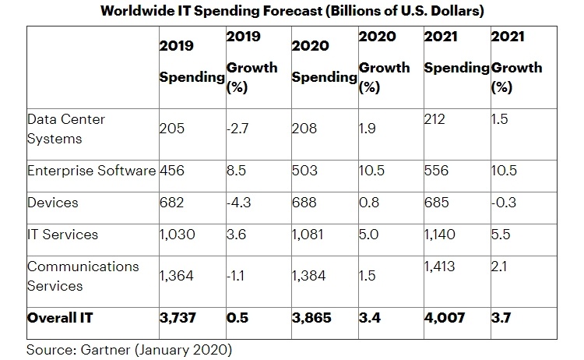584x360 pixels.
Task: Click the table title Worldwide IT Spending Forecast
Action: [x=291, y=12]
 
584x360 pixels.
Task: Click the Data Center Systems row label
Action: [x=66, y=129]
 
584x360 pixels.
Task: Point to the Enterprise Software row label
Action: [x=92, y=171]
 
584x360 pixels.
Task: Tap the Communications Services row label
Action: [x=83, y=275]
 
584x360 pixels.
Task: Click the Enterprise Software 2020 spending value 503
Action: [x=305, y=171]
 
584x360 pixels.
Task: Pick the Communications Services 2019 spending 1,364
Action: [x=177, y=275]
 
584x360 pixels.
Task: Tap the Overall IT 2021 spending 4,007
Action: [x=444, y=318]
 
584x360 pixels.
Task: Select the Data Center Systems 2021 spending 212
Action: [x=435, y=119]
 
